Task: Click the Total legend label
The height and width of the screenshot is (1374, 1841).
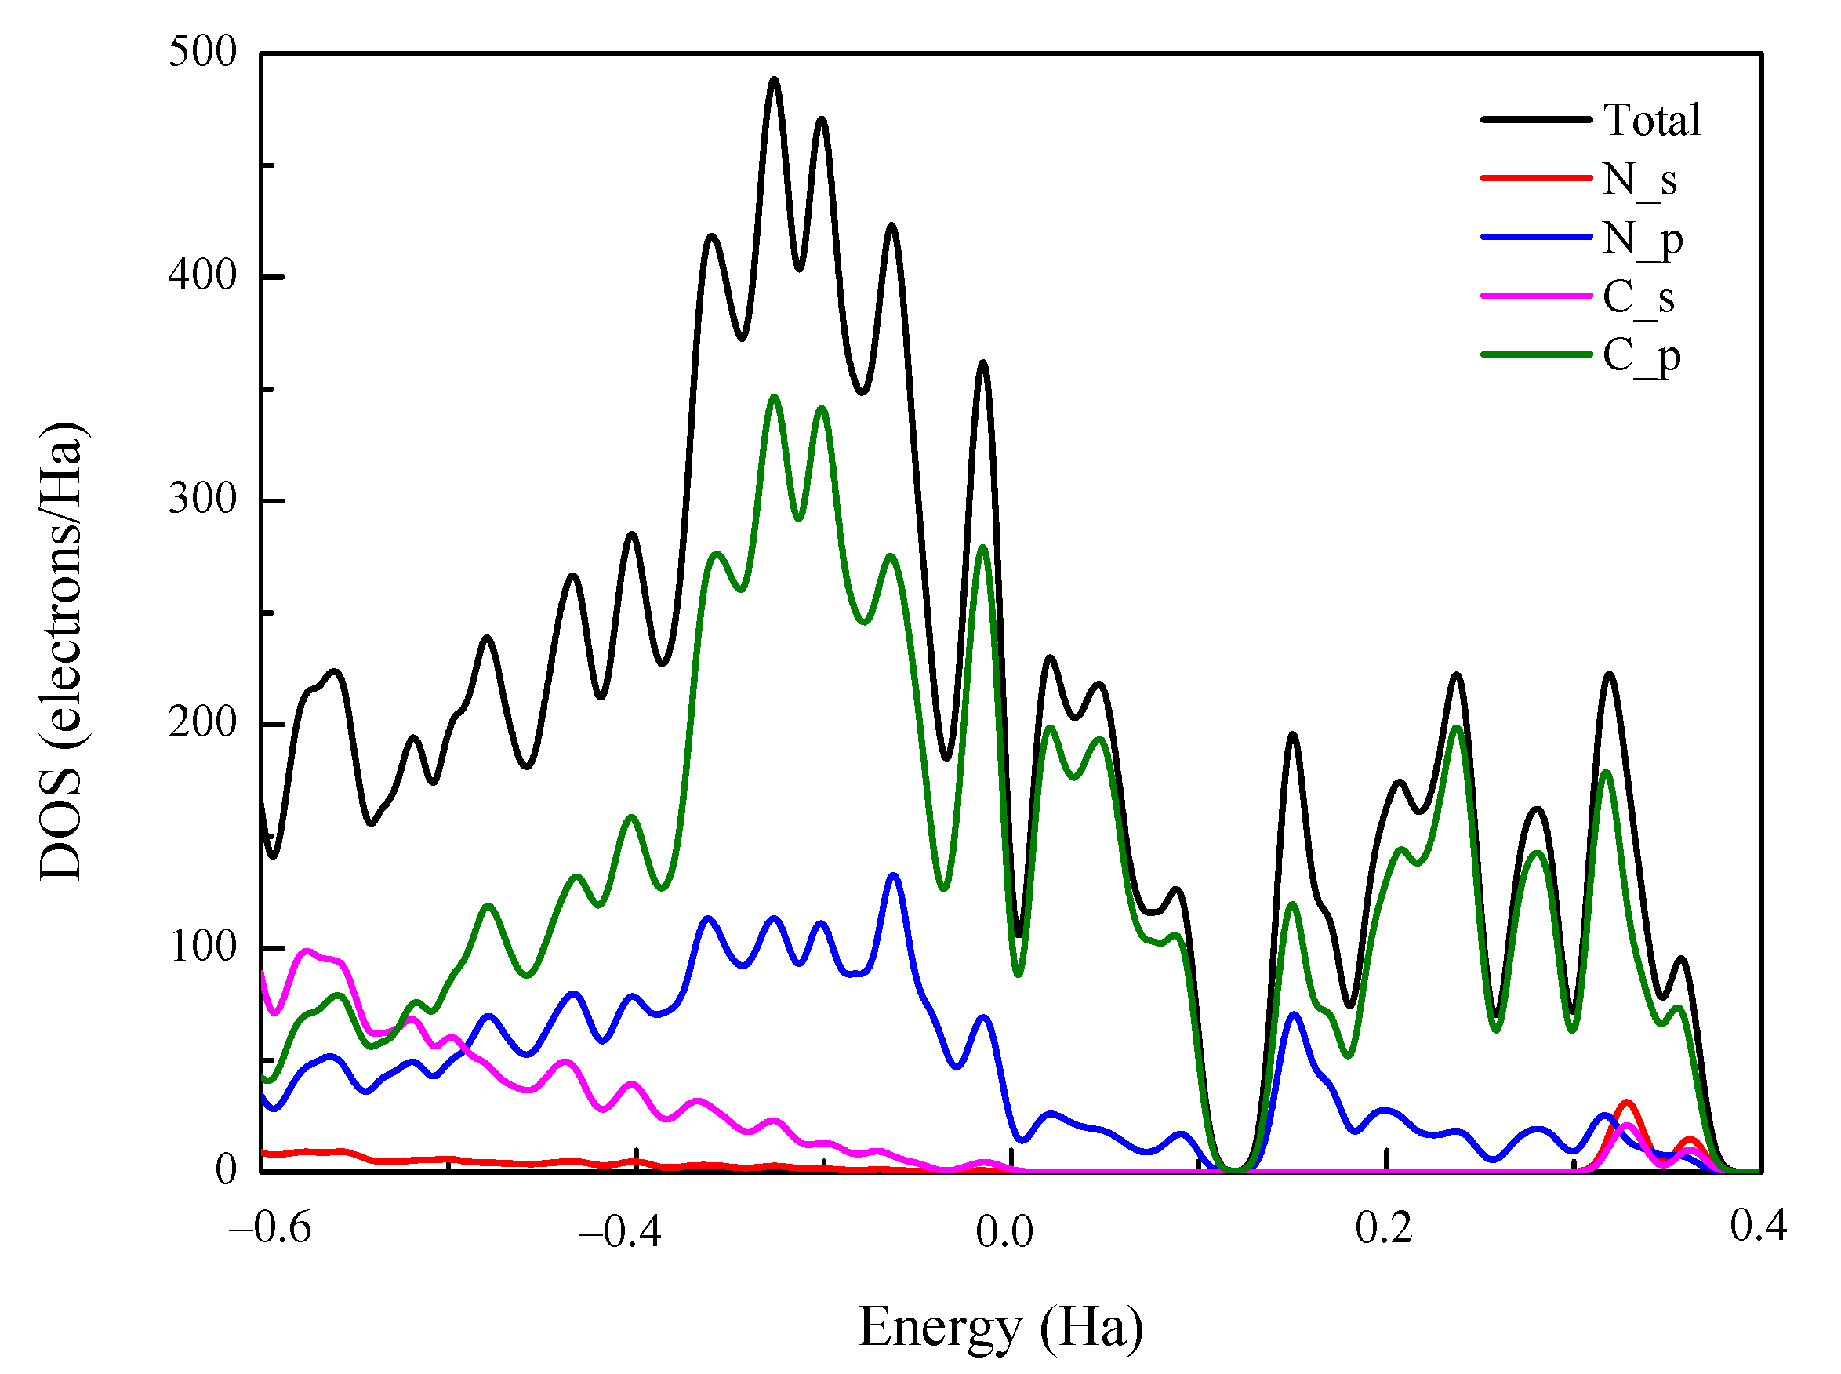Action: click(x=1651, y=120)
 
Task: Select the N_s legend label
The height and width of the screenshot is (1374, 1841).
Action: click(x=1639, y=179)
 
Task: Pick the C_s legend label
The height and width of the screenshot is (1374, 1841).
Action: click(x=1638, y=297)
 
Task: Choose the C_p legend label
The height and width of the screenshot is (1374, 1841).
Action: click(x=1641, y=356)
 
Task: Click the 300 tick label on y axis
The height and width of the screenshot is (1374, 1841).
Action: click(x=203, y=499)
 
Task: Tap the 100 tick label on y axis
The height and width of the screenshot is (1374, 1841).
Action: click(x=203, y=947)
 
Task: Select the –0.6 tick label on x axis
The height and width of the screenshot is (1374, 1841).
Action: click(x=271, y=1227)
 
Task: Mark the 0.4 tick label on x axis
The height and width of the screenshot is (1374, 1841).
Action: click(x=1758, y=1226)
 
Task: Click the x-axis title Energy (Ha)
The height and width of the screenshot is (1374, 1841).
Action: click(x=1000, y=1328)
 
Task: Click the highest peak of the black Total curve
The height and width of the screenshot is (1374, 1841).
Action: click(x=774, y=80)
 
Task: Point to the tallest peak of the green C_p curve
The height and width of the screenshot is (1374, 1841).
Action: click(x=774, y=397)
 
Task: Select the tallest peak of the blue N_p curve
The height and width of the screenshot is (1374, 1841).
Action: click(x=893, y=875)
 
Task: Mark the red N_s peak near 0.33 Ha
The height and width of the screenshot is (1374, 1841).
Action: click(x=1626, y=1103)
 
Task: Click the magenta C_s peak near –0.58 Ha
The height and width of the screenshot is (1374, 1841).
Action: click(x=307, y=951)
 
